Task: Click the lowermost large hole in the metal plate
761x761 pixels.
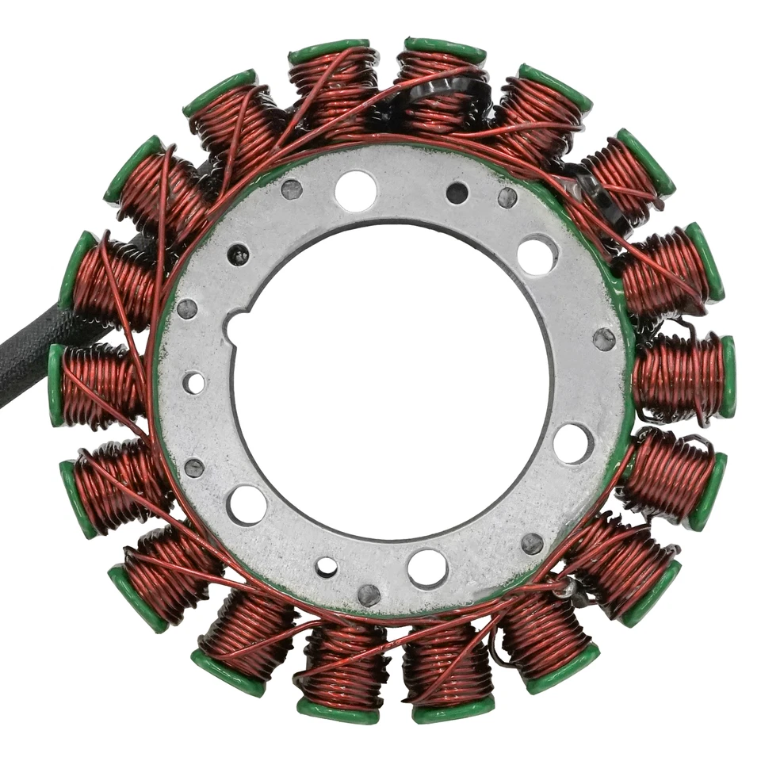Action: (x=426, y=568)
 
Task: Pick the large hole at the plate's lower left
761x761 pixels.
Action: (x=247, y=504)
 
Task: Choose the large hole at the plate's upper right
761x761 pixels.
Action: (x=537, y=255)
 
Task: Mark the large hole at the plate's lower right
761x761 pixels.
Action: (x=572, y=442)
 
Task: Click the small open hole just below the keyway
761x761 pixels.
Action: (x=193, y=383)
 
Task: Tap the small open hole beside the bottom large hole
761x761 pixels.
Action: (x=327, y=567)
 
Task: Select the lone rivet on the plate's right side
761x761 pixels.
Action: (x=604, y=339)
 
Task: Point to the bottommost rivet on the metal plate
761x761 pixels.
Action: (x=369, y=594)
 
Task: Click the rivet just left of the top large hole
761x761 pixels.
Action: (x=292, y=189)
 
